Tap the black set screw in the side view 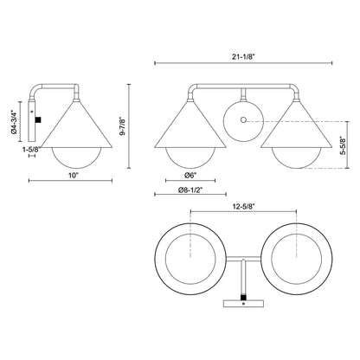click(35, 113)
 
